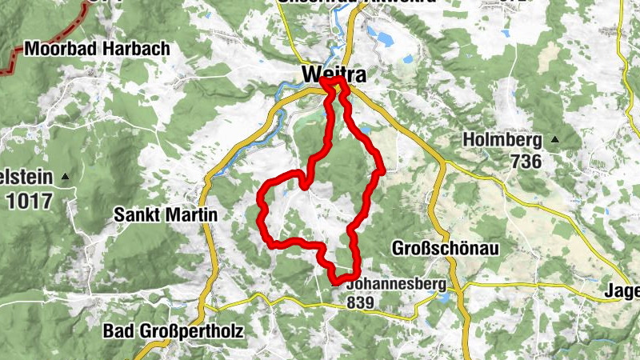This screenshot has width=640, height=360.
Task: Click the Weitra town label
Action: (x=334, y=74)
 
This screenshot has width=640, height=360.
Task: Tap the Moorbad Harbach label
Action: (x=97, y=49)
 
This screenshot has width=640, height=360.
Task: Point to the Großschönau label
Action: (x=446, y=249)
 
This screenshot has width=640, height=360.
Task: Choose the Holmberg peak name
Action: (x=502, y=141)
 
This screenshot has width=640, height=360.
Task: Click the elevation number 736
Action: (x=524, y=162)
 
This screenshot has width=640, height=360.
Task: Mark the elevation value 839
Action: (x=362, y=303)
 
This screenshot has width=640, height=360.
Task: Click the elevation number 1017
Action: (x=29, y=201)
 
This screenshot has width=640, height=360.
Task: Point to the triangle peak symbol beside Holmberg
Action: (x=554, y=141)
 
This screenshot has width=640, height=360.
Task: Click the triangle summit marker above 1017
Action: (x=66, y=176)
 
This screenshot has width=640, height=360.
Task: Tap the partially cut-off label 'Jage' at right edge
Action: (x=623, y=292)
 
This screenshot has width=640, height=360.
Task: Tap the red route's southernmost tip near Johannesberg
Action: (x=336, y=281)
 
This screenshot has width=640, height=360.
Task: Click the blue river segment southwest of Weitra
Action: (x=240, y=152)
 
